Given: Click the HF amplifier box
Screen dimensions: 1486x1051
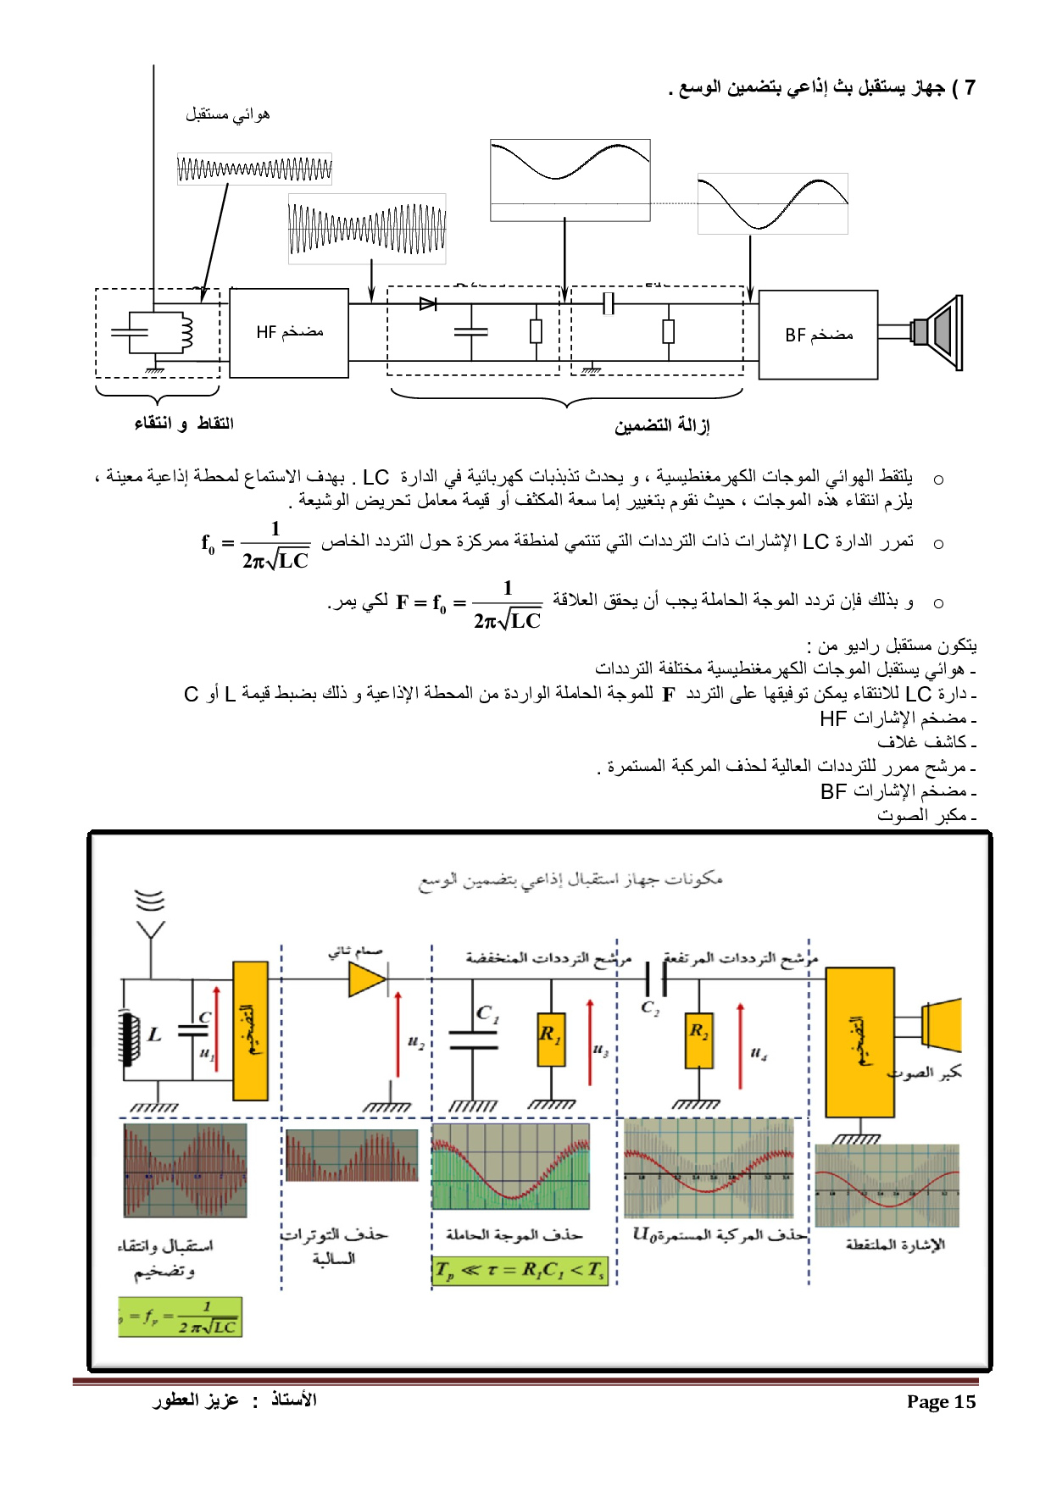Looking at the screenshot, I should click(289, 332).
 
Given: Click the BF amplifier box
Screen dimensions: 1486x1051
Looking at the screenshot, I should click(818, 335).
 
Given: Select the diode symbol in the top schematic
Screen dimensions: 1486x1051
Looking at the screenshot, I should click(428, 303).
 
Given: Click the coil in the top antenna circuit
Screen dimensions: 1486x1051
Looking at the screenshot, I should click(185, 333).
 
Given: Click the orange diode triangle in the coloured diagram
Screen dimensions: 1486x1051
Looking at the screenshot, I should click(367, 980).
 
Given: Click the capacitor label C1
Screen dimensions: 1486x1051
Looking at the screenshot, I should click(487, 1013).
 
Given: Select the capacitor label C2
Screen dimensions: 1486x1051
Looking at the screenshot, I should click(649, 1007).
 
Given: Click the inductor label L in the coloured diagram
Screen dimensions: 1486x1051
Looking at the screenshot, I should click(154, 1034).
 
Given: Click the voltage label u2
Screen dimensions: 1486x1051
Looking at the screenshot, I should click(415, 1041).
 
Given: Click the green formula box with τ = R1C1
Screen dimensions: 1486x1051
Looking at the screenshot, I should click(520, 1271).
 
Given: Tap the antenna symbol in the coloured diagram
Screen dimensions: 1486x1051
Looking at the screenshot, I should click(150, 919).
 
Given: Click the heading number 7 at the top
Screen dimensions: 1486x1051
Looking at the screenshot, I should click(970, 87).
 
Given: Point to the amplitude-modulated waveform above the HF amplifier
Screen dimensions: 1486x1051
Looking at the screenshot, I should click(367, 229).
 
